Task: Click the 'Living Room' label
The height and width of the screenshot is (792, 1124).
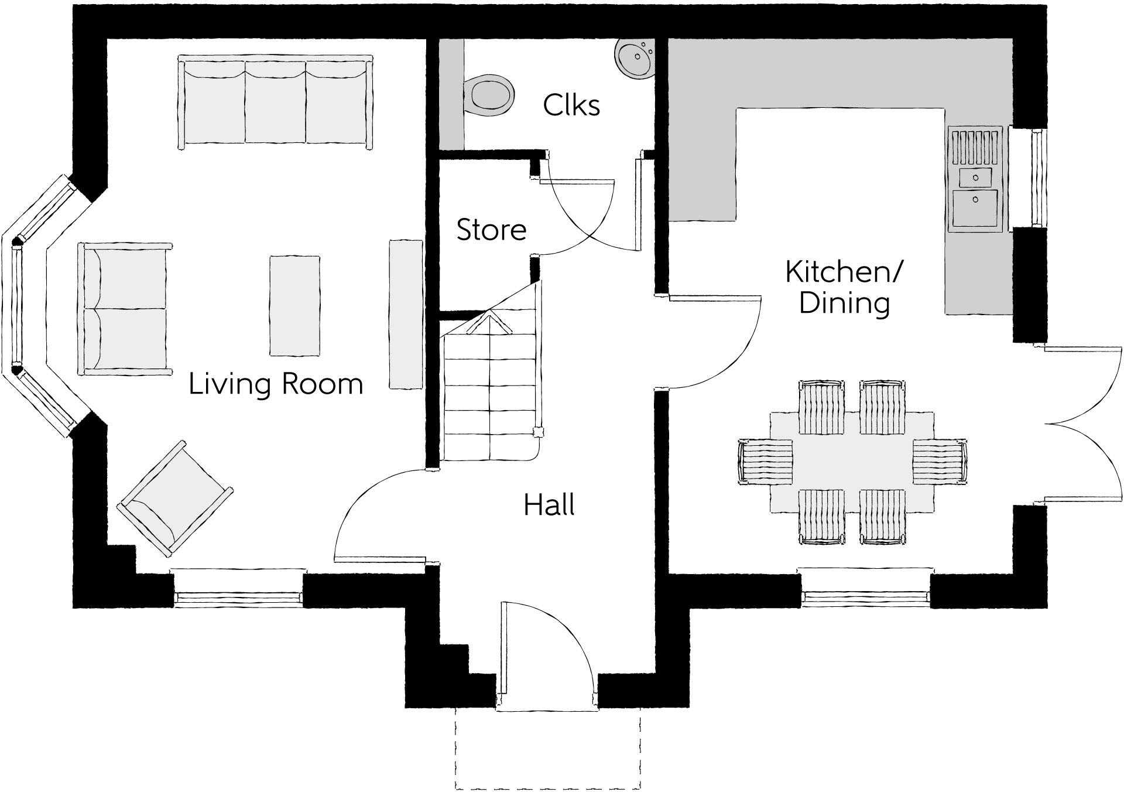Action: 276,384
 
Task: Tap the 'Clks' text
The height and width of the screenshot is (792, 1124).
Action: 571,105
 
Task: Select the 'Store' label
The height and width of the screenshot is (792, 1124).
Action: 491,229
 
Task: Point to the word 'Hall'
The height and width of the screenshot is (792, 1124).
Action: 549,504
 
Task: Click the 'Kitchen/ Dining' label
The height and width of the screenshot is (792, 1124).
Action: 844,288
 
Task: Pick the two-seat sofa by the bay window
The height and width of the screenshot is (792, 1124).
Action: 125,309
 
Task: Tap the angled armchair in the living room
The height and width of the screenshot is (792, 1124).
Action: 175,499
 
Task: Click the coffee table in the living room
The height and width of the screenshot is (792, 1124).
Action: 294,305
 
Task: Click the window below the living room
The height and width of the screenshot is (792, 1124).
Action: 238,586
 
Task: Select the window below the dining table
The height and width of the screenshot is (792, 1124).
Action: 865,586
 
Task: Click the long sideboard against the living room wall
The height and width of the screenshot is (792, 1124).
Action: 406,313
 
